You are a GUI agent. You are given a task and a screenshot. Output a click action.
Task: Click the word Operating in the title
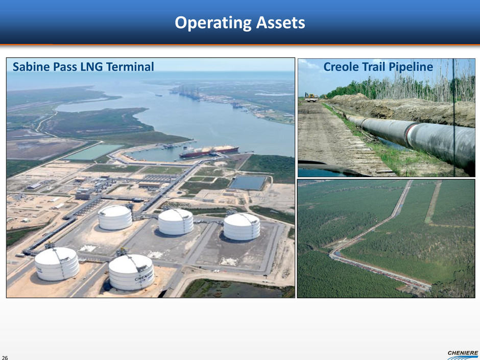[213, 23]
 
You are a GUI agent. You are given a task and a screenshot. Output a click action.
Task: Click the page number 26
[5, 357]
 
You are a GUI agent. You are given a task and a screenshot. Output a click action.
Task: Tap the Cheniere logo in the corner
[463, 355]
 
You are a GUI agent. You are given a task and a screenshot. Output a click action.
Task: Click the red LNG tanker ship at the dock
[209, 151]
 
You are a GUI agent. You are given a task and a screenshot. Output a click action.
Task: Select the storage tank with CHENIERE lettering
[131, 272]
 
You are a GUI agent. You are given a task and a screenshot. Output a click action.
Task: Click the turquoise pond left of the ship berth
[93, 152]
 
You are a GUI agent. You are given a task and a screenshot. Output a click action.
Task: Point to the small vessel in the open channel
[159, 95]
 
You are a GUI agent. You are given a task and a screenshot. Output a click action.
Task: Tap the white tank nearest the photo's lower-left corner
[57, 264]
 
